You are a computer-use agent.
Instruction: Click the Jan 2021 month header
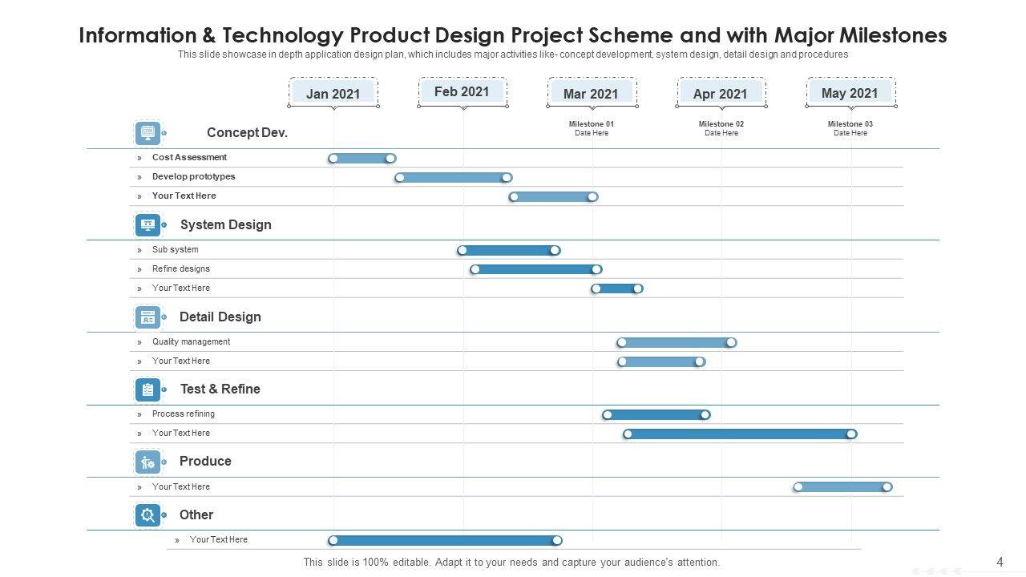click(x=333, y=94)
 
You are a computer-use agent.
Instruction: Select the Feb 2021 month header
click(x=462, y=92)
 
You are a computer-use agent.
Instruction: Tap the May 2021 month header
click(x=850, y=93)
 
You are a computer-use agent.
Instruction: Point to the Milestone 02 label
click(x=721, y=124)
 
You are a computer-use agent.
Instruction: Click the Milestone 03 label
click(x=850, y=124)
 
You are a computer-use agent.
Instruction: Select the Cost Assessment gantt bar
click(x=362, y=159)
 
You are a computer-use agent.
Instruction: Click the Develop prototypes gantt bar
click(x=453, y=178)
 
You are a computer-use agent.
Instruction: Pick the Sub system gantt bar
click(x=508, y=251)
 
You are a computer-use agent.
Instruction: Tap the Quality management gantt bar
click(x=676, y=343)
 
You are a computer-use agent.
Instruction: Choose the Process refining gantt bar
click(x=656, y=415)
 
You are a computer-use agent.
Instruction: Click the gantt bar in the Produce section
click(x=842, y=487)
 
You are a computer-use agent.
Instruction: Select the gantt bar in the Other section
click(x=445, y=541)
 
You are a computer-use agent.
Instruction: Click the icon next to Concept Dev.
click(x=147, y=133)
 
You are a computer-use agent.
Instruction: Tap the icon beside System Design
click(x=147, y=225)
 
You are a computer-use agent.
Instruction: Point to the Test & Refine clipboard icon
click(x=147, y=389)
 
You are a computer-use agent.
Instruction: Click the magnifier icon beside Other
click(x=147, y=515)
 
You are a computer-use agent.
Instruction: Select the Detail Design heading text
click(x=220, y=317)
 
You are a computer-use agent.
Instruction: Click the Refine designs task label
click(x=181, y=269)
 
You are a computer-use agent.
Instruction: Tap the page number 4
click(x=1000, y=563)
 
